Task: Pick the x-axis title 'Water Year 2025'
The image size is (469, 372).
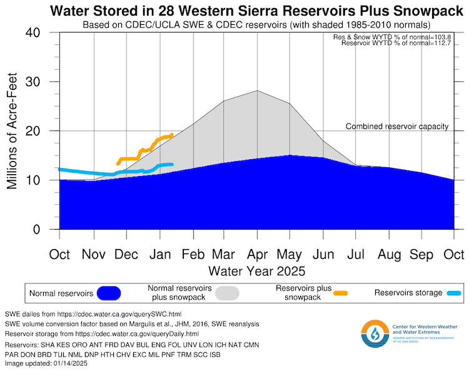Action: click(x=256, y=272)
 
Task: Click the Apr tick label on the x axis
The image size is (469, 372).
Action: click(x=257, y=255)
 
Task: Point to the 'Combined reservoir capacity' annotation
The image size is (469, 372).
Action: click(x=397, y=127)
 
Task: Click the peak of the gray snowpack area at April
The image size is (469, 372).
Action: click(x=257, y=91)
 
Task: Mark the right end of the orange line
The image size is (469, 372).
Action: click(x=171, y=135)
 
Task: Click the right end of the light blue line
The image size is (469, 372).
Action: click(x=171, y=164)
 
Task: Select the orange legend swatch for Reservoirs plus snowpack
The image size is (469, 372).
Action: click(x=340, y=293)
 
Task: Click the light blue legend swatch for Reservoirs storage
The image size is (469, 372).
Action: click(x=453, y=293)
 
